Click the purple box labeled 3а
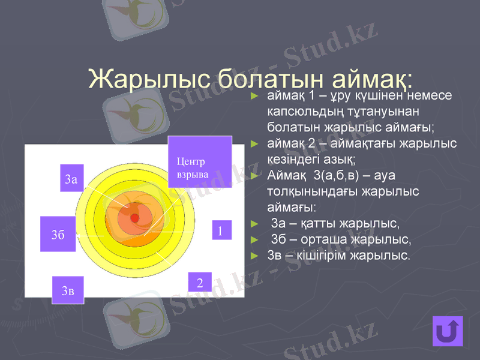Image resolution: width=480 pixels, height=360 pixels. (71, 178)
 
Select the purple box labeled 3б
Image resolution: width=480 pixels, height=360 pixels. (58, 234)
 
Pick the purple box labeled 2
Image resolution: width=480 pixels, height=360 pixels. (200, 282)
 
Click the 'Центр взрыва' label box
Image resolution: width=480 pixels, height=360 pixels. (199, 162)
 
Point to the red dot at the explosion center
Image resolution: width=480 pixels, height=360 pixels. (135, 217)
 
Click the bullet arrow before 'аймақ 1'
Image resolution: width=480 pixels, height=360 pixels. (254, 96)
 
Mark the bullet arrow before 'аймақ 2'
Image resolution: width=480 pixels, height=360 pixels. (254, 144)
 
